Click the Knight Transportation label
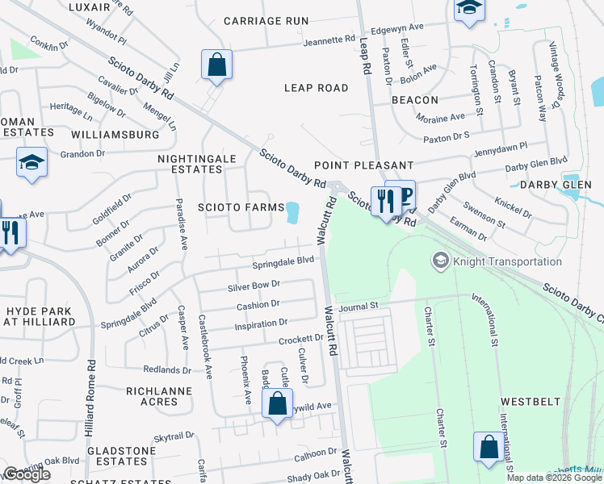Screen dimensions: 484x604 click(507, 261)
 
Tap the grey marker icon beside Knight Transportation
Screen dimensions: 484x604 click(441, 261)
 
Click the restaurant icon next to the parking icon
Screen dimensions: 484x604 click(383, 198)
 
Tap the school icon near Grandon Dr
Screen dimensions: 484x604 click(32, 163)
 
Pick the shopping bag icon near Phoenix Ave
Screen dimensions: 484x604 click(277, 406)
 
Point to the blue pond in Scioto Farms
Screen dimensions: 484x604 click(292, 213)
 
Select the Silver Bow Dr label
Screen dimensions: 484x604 click(254, 285)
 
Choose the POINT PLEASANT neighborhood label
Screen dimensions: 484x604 click(363, 165)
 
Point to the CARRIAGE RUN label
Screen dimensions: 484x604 click(266, 21)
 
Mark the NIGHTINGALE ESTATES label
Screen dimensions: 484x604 click(190, 164)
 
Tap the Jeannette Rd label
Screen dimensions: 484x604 click(327, 39)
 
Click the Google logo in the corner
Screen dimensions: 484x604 click(27, 475)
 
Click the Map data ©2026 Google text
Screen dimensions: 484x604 click(554, 478)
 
